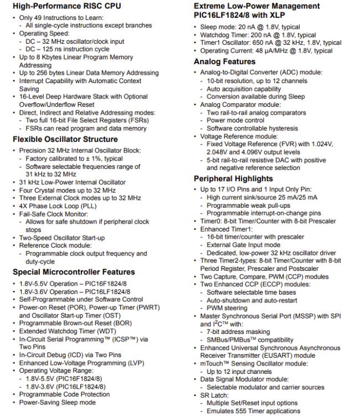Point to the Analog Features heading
[224, 61]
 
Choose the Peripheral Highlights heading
[233, 179]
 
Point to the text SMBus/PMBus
[226, 339]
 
